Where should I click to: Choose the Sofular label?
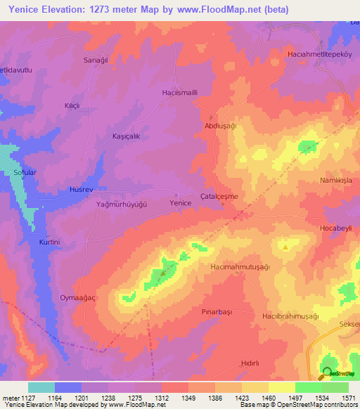pos(25,171)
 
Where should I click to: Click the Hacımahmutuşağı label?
pos(240,268)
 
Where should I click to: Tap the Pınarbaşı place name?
pos(216,311)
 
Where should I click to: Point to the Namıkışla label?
pos(335,180)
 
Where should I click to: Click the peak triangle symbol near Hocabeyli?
pos(285,247)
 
